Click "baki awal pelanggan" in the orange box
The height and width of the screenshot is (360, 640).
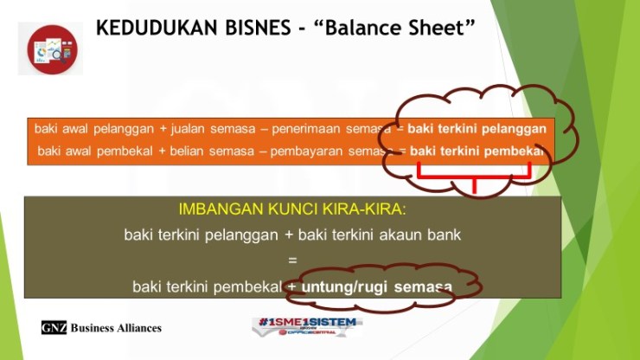click(93, 129)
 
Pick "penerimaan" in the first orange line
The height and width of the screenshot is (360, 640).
click(307, 129)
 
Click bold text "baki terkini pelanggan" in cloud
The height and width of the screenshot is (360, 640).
click(477, 129)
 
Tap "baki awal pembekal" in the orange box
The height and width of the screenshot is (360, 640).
click(96, 151)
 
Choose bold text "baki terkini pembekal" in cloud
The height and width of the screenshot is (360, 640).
click(477, 151)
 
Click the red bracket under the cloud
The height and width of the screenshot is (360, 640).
click(474, 177)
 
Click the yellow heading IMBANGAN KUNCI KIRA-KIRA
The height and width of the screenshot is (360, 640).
click(291, 209)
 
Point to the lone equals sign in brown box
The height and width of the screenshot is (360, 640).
click(292, 259)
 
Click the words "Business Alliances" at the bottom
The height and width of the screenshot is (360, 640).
click(116, 328)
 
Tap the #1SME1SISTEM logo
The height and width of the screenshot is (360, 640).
click(307, 326)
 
